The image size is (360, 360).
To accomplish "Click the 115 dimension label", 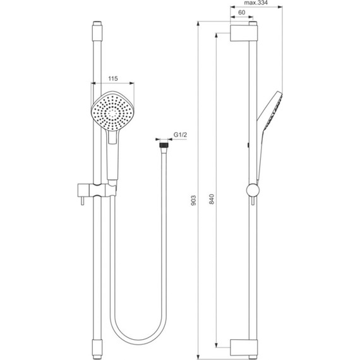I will (x=114, y=78).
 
